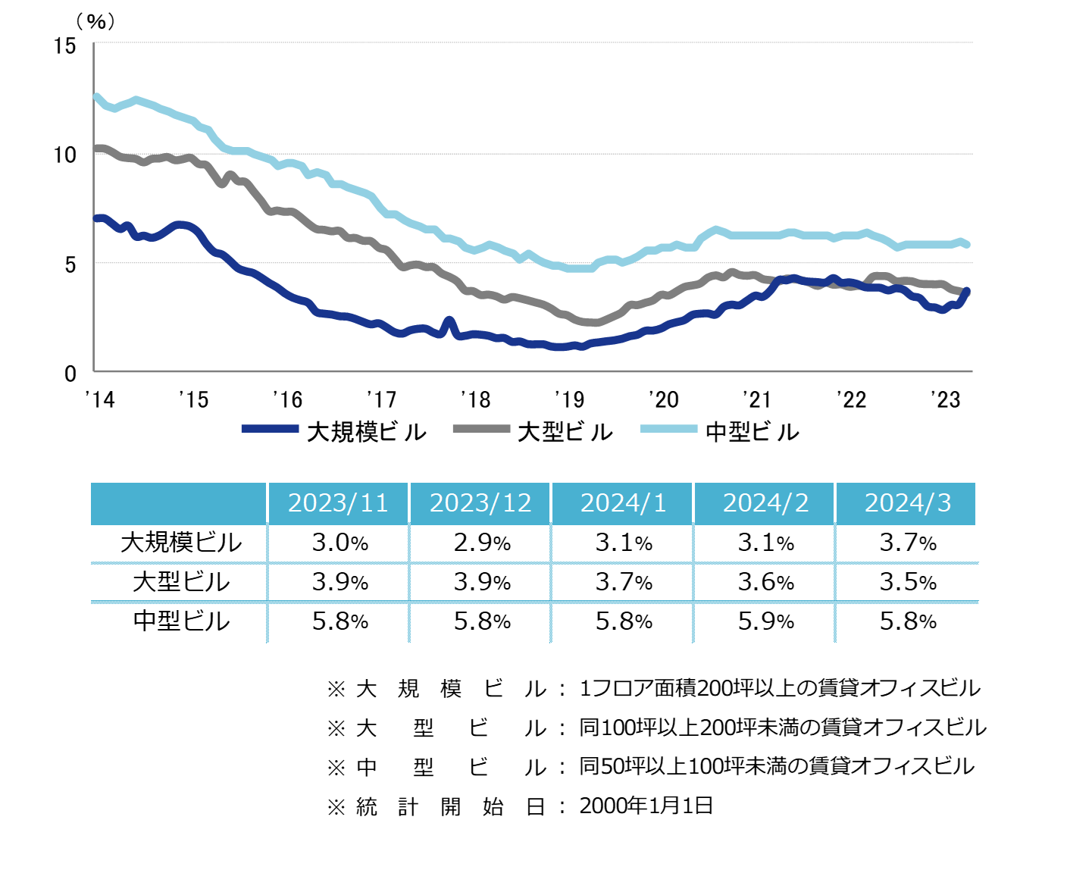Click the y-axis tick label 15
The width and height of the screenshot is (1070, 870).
(65, 46)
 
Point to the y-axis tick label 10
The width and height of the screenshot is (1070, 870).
(65, 155)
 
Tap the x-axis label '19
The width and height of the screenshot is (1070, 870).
(569, 399)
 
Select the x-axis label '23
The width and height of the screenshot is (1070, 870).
(945, 399)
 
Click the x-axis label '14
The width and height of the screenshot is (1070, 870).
(99, 399)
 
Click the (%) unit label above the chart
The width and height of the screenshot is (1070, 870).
(96, 21)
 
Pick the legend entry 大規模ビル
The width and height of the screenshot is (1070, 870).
(367, 432)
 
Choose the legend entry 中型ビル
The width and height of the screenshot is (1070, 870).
(752, 432)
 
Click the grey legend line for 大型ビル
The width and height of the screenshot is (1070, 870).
(480, 429)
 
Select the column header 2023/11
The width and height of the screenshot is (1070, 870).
(338, 503)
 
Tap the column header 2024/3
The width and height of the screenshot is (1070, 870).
(907, 503)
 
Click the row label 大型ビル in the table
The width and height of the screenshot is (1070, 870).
(180, 582)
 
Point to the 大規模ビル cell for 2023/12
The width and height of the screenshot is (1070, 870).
(482, 543)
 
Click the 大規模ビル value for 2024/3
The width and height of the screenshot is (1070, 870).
(907, 543)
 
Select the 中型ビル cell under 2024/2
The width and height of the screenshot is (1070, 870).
(765, 621)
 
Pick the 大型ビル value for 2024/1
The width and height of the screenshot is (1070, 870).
(624, 582)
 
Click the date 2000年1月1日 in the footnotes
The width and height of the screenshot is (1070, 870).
(646, 806)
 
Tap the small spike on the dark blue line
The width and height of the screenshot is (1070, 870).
(449, 321)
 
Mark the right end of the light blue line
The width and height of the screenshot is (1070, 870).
(967, 244)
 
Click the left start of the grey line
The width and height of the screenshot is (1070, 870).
(96, 149)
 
